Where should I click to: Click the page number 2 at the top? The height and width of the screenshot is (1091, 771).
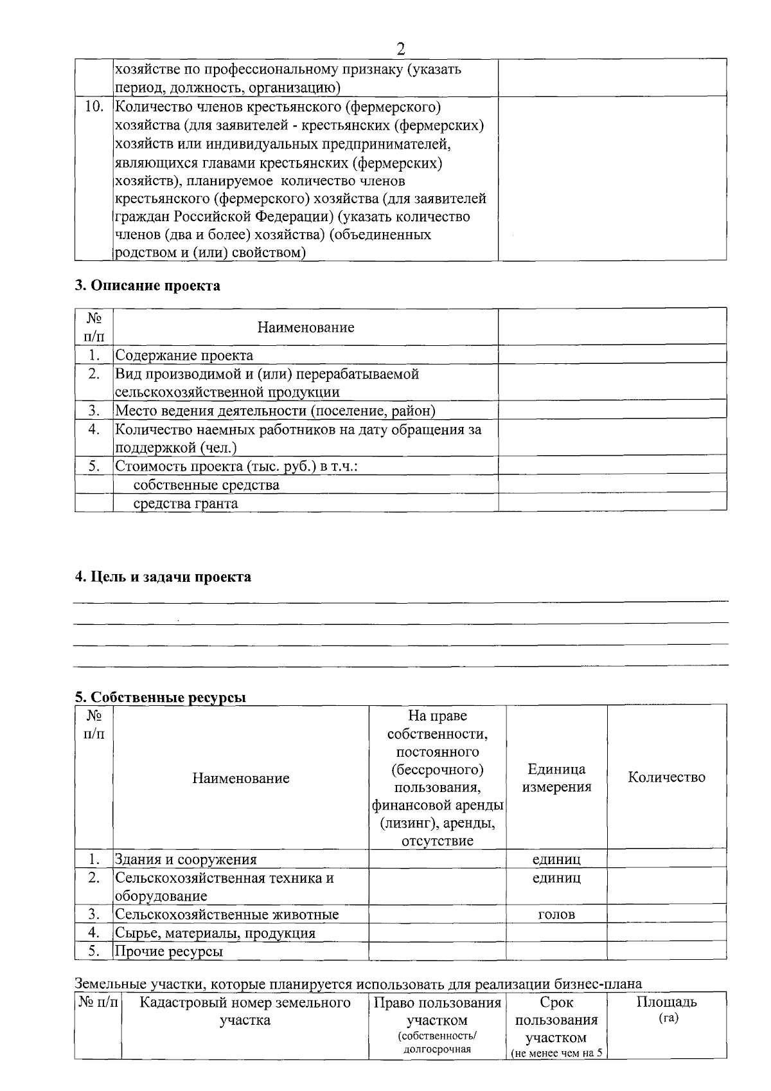pos(401,49)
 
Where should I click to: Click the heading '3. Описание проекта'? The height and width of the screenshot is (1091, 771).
pos(147,285)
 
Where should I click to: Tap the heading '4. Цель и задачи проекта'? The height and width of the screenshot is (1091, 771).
pos(163,577)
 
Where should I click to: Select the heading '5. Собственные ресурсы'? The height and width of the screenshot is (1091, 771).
pos(161,698)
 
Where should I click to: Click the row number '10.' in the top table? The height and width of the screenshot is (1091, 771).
pos(94,107)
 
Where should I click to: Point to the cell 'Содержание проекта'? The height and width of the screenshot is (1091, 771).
pos(184,355)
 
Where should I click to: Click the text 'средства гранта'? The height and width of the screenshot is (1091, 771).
pos(185,503)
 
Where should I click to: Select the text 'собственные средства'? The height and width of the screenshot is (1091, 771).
pos(206,485)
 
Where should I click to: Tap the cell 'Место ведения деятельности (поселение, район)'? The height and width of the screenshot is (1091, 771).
pos(275,410)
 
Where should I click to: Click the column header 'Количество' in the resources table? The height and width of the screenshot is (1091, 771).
pos(666,777)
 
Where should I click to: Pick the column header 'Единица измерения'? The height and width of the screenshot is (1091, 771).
pos(556,778)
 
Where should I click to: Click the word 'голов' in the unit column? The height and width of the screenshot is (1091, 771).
pos(556,914)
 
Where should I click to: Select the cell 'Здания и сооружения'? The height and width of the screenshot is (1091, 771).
pos(186,860)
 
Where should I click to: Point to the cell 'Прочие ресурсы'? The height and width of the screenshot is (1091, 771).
pos(169,951)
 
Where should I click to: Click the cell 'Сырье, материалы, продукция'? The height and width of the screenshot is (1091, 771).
pos(215,933)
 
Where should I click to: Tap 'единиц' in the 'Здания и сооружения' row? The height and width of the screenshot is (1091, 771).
pos(556,860)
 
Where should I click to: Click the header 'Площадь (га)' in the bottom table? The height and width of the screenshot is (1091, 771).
pos(666,1009)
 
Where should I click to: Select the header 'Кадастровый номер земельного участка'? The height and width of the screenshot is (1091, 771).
pos(245,1011)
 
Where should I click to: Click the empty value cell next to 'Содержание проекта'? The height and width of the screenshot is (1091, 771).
pos(612,355)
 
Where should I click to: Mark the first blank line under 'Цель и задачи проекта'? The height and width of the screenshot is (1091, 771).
pos(401,601)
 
